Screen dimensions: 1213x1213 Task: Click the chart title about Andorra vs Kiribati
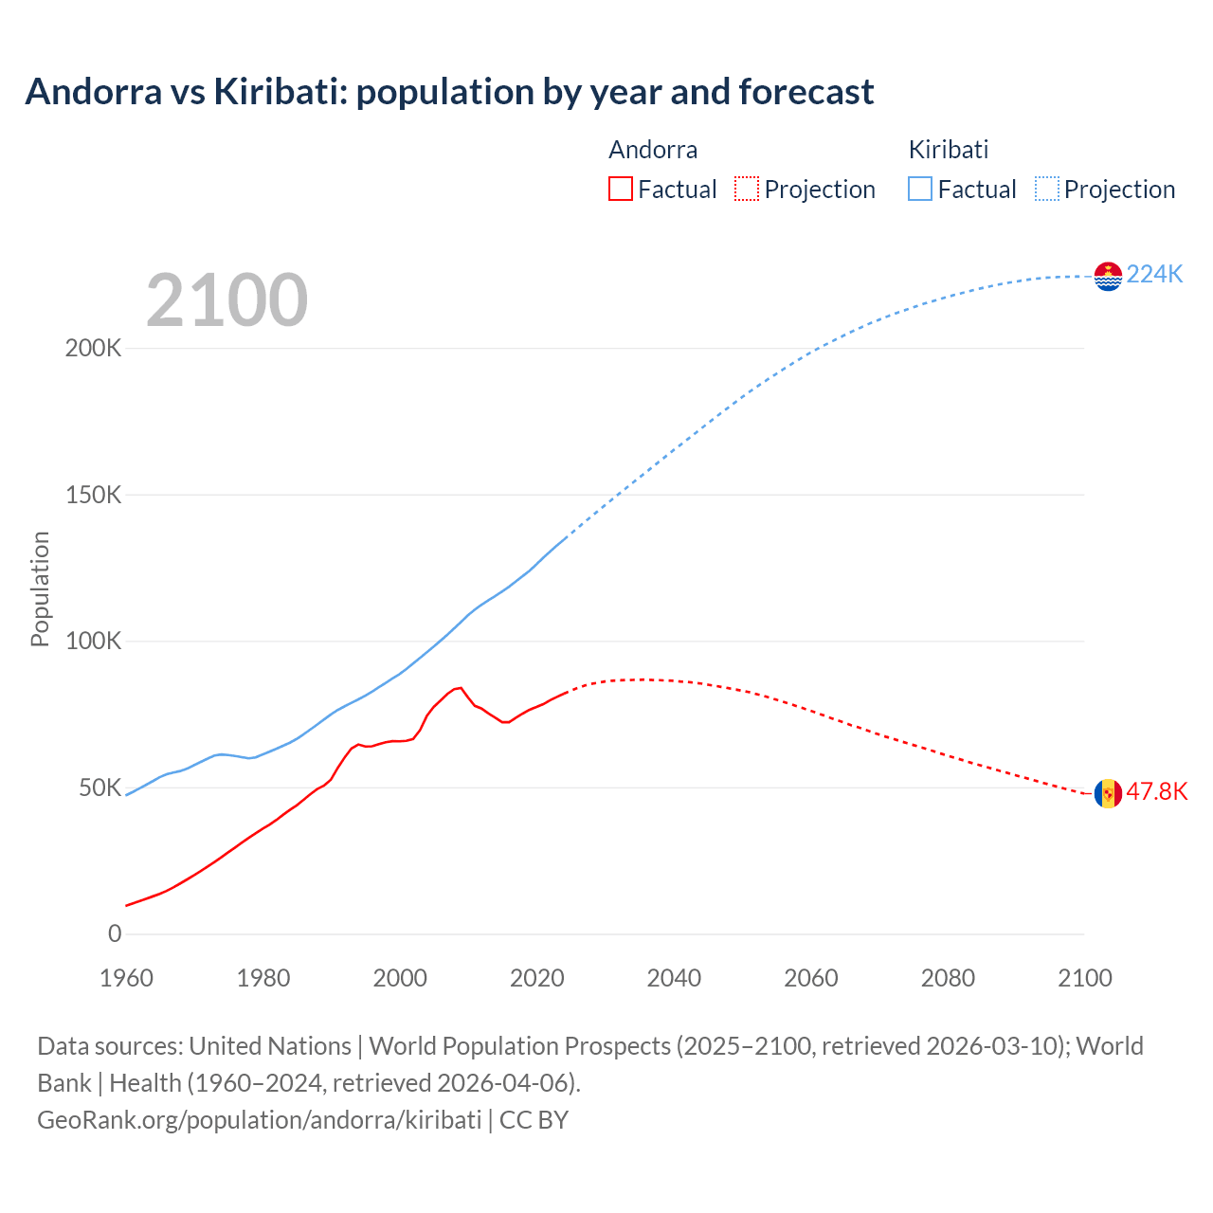pyautogui.click(x=449, y=92)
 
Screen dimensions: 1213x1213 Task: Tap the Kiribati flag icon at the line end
pyautogui.click(x=1108, y=276)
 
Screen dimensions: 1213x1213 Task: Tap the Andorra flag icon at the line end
pyautogui.click(x=1108, y=793)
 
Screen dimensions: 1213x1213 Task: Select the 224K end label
pyautogui.click(x=1154, y=274)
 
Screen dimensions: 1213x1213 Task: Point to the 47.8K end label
pyautogui.click(x=1156, y=791)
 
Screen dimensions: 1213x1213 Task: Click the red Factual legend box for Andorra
pyautogui.click(x=621, y=189)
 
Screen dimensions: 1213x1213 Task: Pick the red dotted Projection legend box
pyautogui.click(x=747, y=189)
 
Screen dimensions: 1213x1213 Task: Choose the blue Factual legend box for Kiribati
pyautogui.click(x=920, y=189)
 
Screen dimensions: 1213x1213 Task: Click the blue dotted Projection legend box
pyautogui.click(x=1046, y=189)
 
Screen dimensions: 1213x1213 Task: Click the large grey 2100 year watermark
pyautogui.click(x=226, y=300)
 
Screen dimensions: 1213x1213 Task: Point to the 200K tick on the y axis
pyautogui.click(x=93, y=348)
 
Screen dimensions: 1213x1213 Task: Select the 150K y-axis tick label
pyautogui.click(x=93, y=495)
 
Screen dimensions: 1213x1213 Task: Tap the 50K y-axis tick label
pyautogui.click(x=100, y=788)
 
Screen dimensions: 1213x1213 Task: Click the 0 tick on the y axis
pyautogui.click(x=115, y=933)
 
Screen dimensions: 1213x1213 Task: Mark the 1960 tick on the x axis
pyautogui.click(x=126, y=978)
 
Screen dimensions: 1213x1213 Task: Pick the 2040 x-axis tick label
pyautogui.click(x=674, y=978)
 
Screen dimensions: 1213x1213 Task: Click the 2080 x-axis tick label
pyautogui.click(x=948, y=978)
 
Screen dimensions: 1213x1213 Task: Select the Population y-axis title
pyautogui.click(x=40, y=588)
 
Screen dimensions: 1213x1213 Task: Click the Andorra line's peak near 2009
pyautogui.click(x=461, y=687)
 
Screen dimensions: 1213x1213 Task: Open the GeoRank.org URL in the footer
pyautogui.click(x=259, y=1119)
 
